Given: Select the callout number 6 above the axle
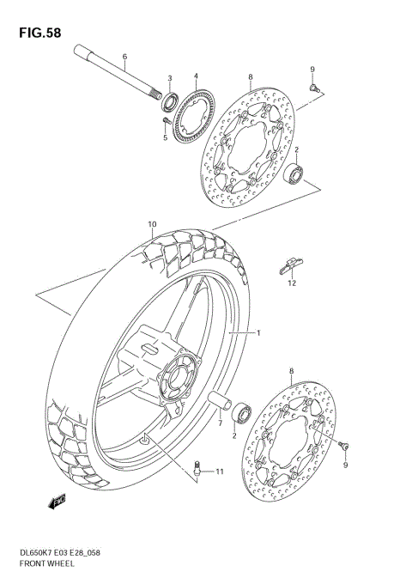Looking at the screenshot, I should tap(124, 58).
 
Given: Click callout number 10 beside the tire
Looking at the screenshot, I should tap(151, 226).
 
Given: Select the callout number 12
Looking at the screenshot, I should tap(292, 283).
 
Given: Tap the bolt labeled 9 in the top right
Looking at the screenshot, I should tap(315, 86).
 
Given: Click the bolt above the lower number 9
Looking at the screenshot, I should tap(343, 446).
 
